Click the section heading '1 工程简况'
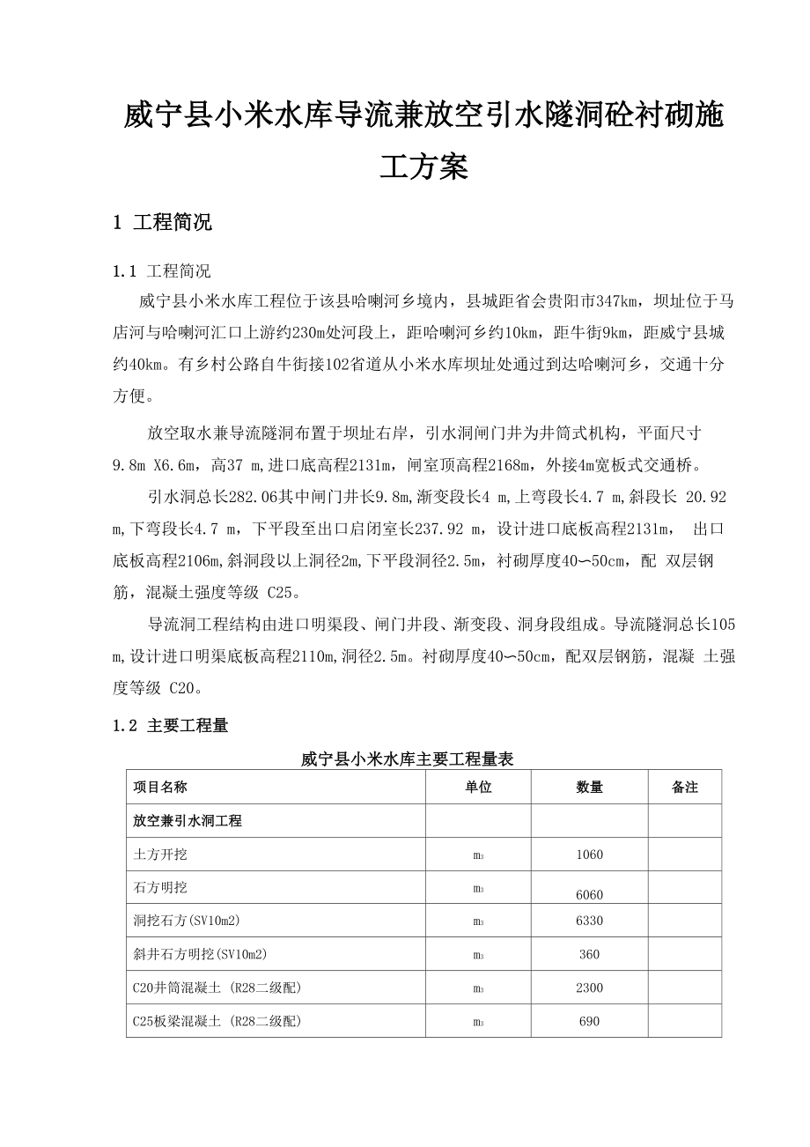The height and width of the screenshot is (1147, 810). pos(163,223)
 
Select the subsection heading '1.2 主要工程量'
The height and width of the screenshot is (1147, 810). pos(171,726)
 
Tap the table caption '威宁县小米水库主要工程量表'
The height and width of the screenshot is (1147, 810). pos(407,758)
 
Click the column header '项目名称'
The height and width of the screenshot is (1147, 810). pos(160,787)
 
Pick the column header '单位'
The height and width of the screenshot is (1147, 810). pos(478,787)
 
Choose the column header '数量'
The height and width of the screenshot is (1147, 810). pos(589,787)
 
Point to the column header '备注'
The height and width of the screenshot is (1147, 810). pos(684,787)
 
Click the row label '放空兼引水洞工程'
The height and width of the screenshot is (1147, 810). pos(188,820)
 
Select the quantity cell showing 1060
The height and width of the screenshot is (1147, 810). pos(589,854)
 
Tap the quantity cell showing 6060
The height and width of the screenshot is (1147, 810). pos(589,894)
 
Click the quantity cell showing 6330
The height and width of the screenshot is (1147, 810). pos(589,921)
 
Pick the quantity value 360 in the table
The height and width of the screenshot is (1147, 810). pos(589,954)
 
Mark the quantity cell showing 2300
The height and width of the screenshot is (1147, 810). pos(589,988)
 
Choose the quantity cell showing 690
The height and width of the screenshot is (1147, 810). pos(589,1021)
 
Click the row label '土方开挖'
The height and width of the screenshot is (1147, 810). pos(160,854)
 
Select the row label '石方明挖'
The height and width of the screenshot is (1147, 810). pos(160,887)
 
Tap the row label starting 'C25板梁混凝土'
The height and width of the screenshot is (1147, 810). pos(217,1021)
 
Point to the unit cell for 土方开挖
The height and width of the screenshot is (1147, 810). pos(478,855)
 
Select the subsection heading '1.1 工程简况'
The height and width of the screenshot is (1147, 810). pos(163,270)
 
